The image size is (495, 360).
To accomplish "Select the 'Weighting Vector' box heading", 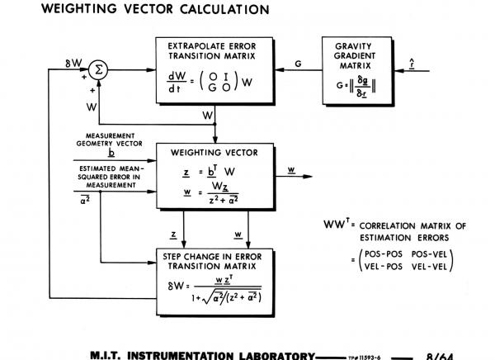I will point(214,153).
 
